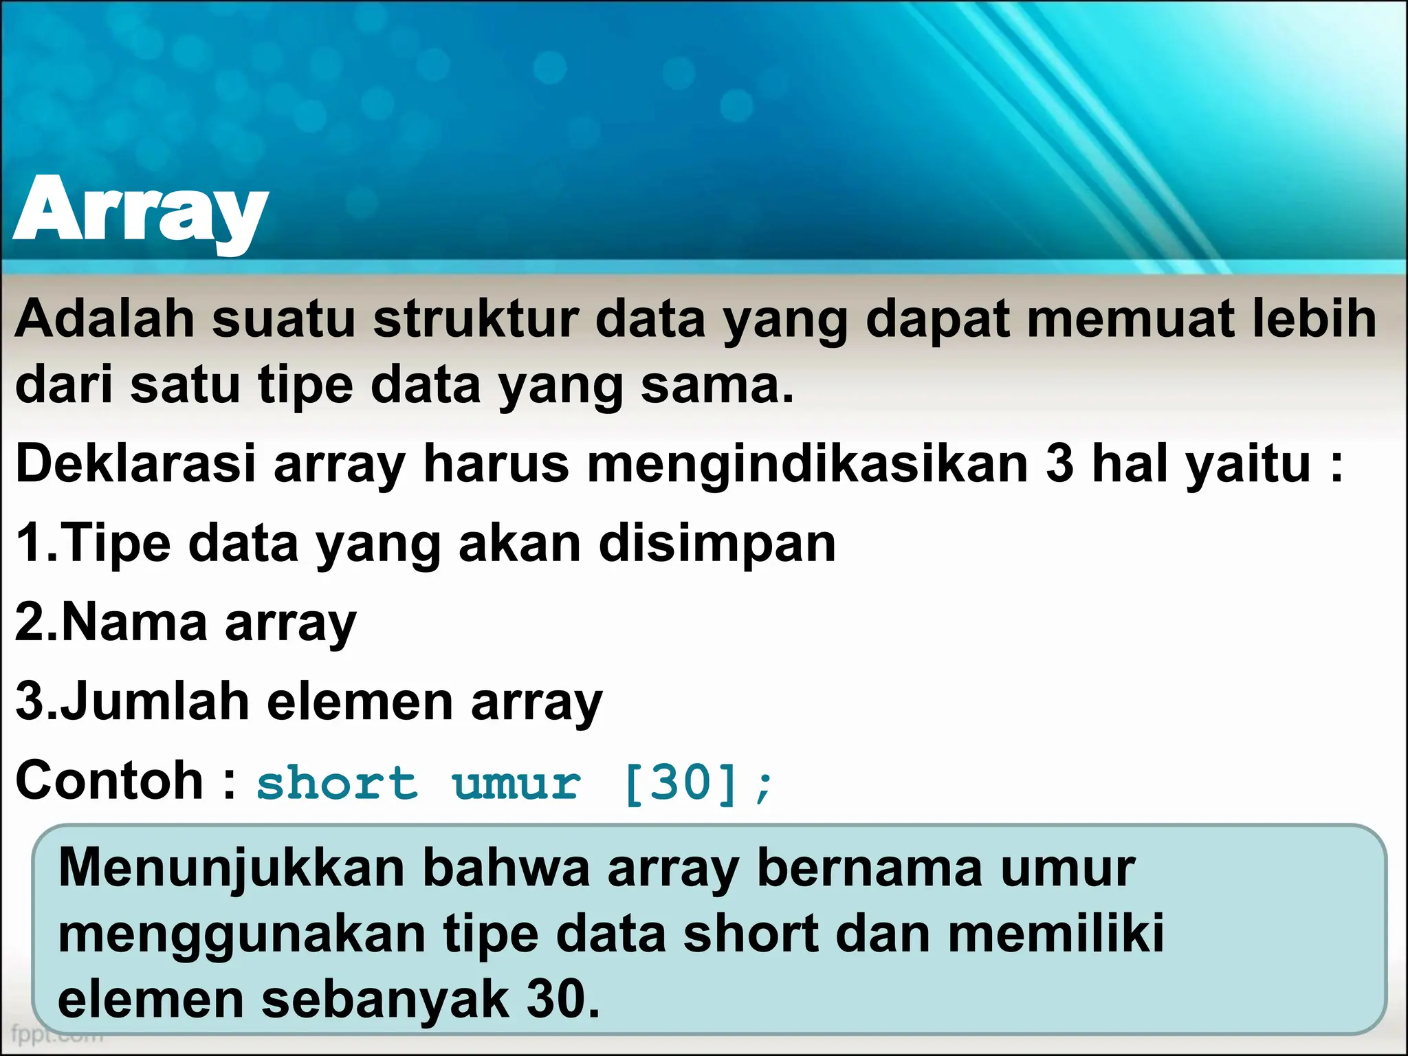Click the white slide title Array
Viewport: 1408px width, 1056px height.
click(140, 210)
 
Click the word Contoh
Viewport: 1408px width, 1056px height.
click(109, 780)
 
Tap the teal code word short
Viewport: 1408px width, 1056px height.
click(337, 783)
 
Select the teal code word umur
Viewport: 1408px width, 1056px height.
click(516, 783)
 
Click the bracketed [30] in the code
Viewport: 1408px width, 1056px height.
click(681, 783)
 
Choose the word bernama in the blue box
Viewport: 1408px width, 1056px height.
click(870, 868)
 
